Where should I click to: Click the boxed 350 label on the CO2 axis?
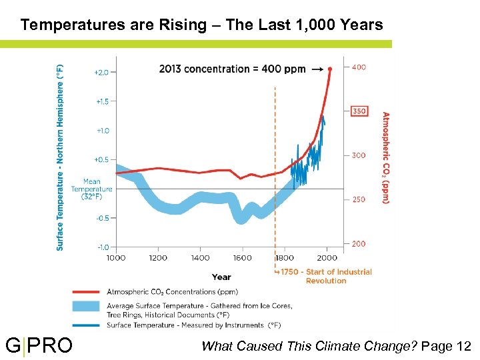[359, 111]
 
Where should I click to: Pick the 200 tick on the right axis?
[359, 244]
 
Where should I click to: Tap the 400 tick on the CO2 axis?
[359, 67]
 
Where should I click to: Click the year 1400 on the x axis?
[200, 258]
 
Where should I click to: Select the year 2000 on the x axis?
[327, 258]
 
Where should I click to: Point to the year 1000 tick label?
[116, 258]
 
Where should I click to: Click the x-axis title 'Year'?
[221, 277]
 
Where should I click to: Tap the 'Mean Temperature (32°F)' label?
[92, 189]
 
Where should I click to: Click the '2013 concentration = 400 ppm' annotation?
[233, 69]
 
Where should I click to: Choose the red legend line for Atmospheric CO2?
[87, 292]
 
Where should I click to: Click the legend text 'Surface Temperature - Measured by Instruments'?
[194, 325]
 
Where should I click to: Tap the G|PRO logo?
[39, 345]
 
